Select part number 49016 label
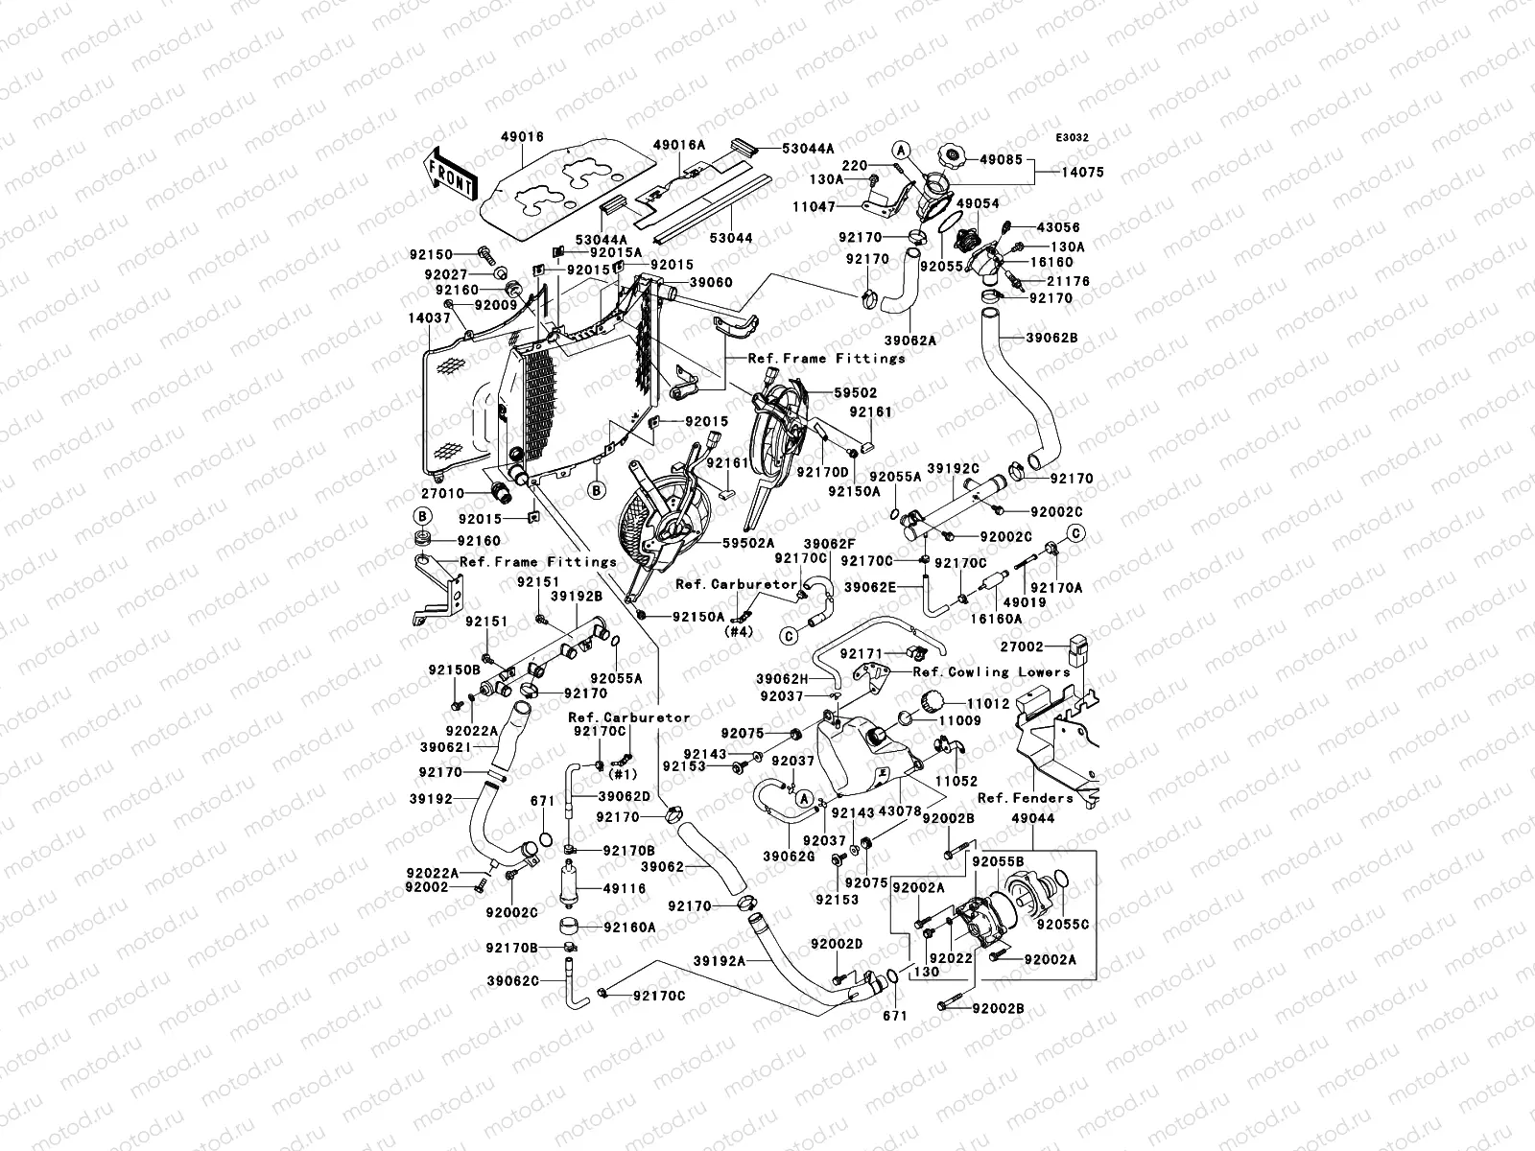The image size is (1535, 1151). (522, 137)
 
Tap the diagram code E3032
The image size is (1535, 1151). (1074, 138)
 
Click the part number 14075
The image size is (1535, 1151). (1082, 173)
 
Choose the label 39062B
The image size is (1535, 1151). (1052, 339)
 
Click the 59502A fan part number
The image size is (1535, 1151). (748, 543)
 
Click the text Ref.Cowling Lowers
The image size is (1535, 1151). (992, 672)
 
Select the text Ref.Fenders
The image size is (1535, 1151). (1011, 798)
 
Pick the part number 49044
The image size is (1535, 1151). (1033, 818)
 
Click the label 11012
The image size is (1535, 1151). (988, 704)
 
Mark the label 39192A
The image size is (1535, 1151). (738, 959)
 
